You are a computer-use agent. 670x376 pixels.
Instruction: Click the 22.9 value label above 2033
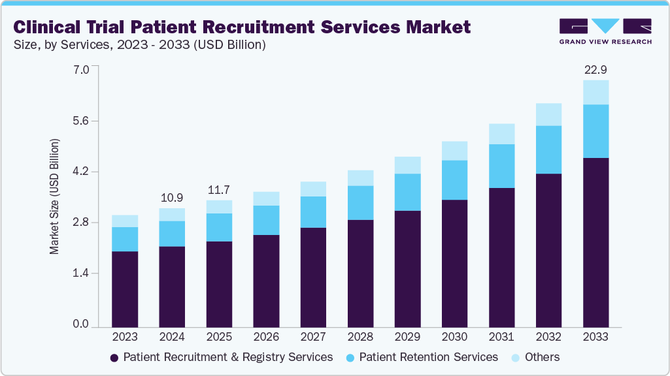pos(595,69)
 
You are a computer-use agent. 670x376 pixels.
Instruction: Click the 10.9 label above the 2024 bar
pos(172,197)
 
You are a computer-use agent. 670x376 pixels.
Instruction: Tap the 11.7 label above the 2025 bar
pos(219,189)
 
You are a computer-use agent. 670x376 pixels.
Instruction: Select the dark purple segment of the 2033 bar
pos(595,242)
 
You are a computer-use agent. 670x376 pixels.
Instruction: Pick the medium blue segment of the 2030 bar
pos(454,180)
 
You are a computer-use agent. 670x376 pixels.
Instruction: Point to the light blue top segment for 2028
pos(360,178)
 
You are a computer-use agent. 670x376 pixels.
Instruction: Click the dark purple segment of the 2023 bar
pos(125,289)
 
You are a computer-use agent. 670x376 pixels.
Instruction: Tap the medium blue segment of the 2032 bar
pos(548,149)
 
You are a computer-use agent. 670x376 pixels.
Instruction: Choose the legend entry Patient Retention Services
pos(421,357)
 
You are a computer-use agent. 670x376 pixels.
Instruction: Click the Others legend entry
pos(535,357)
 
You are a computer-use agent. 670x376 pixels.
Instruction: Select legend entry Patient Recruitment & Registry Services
pos(221,357)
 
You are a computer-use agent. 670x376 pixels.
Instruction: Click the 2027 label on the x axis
pos(313,337)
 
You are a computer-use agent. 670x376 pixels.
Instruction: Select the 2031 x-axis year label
pos(501,337)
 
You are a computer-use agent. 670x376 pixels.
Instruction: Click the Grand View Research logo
pos(605,31)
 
